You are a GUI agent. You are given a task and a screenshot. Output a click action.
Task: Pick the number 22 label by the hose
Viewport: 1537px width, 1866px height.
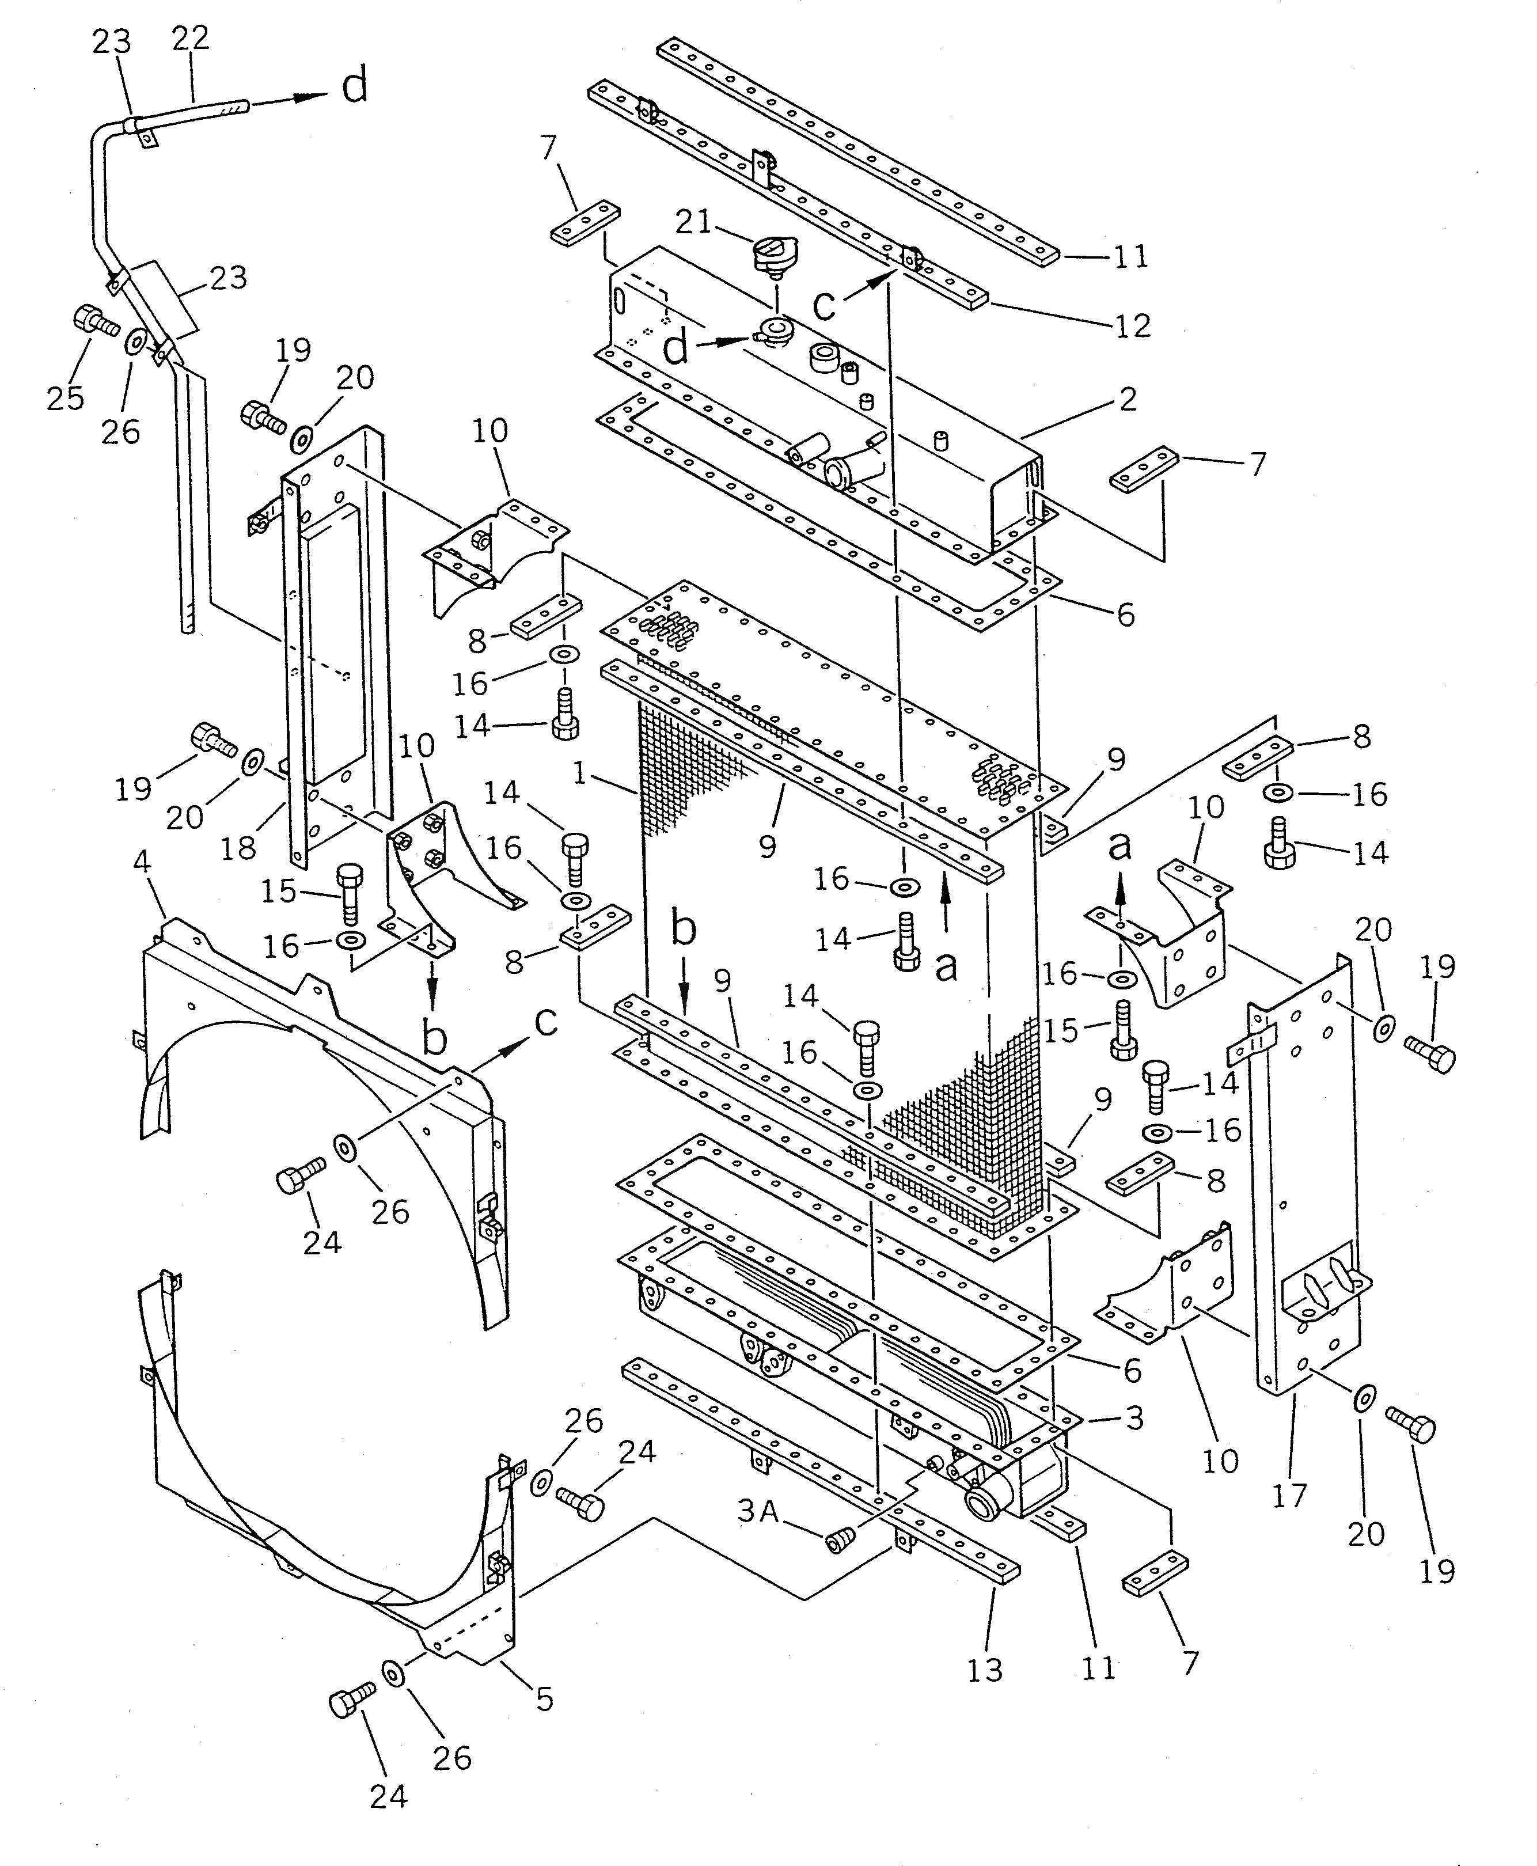[x=191, y=38]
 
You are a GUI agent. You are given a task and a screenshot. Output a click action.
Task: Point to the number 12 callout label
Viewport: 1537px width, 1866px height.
[x=1132, y=327]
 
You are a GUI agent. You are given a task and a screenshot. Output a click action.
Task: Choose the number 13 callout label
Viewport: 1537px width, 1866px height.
[x=985, y=1670]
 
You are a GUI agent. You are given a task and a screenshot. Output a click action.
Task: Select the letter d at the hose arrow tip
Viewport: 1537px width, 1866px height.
[x=354, y=88]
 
